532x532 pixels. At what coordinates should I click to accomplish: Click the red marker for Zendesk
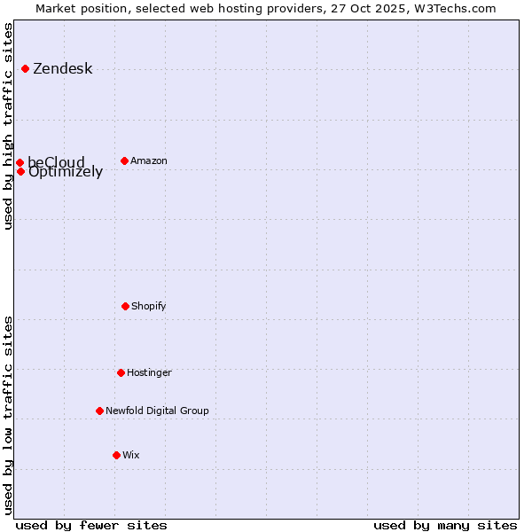[25, 68]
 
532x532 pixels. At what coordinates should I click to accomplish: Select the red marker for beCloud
[20, 162]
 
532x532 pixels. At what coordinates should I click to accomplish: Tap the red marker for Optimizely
[20, 171]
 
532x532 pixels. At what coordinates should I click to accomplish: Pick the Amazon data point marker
[124, 160]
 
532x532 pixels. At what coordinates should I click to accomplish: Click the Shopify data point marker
[125, 306]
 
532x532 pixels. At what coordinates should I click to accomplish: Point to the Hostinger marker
[121, 372]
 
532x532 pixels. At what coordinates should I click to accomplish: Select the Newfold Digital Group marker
[99, 411]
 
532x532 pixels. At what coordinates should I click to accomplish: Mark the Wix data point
[116, 455]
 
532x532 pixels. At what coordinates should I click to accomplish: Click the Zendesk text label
[62, 69]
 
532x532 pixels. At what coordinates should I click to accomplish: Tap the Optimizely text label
[66, 173]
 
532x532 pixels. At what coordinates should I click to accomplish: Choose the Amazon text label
[149, 160]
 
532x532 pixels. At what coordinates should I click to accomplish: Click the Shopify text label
[149, 306]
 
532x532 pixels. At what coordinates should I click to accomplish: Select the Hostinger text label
[149, 372]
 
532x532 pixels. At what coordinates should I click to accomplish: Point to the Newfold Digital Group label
[157, 411]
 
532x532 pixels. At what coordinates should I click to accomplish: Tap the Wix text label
[131, 455]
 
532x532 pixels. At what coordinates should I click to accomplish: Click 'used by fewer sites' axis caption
[91, 525]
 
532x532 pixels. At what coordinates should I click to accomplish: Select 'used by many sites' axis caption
[445, 525]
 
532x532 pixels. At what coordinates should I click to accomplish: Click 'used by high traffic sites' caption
[8, 126]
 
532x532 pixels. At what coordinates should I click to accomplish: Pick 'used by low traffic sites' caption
[8, 414]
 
